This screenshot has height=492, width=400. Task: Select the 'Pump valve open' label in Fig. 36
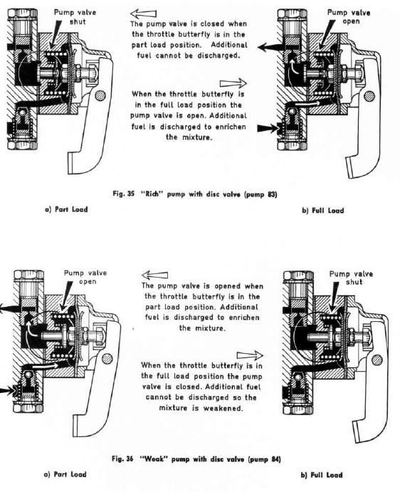pyautogui.click(x=84, y=276)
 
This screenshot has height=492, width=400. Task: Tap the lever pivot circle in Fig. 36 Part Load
pyautogui.click(x=107, y=357)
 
